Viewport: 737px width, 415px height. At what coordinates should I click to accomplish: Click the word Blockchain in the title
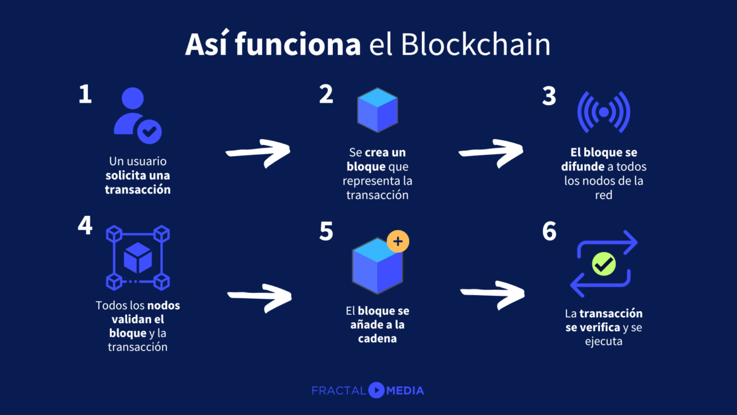point(476,46)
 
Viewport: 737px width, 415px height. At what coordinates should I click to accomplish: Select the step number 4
point(85,226)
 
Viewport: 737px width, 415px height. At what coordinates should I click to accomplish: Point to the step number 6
point(549,232)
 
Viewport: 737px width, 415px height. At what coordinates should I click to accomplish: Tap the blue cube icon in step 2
point(378,110)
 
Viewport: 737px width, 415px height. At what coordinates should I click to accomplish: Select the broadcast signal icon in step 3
point(604,112)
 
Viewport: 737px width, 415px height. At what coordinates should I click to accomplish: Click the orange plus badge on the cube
point(397,242)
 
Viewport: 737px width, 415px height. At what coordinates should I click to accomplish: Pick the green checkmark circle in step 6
point(604,264)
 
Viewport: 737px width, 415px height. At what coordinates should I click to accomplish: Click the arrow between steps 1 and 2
point(258,152)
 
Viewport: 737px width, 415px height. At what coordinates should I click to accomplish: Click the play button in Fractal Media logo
point(376,390)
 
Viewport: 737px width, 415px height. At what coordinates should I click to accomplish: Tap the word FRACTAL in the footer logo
point(338,390)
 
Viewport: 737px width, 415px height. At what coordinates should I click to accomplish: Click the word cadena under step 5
point(377,338)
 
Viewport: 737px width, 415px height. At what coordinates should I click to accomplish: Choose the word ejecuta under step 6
point(604,341)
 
